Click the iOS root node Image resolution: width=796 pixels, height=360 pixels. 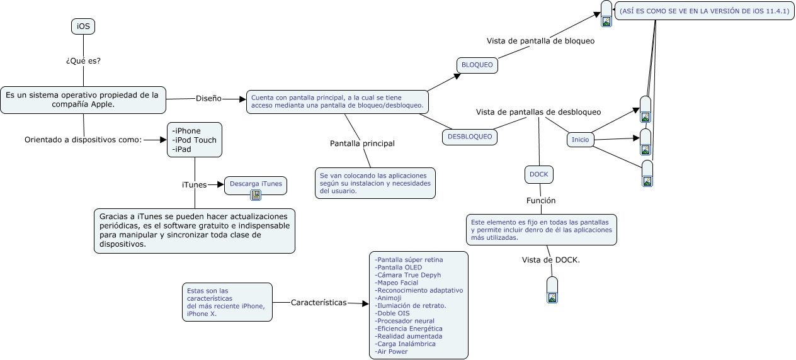tap(83, 26)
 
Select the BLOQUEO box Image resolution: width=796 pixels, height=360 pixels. tap(477, 65)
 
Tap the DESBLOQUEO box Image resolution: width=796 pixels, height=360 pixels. tap(469, 137)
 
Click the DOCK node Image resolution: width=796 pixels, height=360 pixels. tap(538, 175)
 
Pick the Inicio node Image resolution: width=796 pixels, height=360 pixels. tap(580, 140)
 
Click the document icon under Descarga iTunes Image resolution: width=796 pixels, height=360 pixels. tap(256, 195)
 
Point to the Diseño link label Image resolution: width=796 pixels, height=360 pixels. tap(208, 99)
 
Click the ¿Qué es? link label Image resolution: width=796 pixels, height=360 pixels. tap(83, 60)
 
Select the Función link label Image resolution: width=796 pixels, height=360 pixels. tap(541, 201)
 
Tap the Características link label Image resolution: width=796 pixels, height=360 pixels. tap(319, 303)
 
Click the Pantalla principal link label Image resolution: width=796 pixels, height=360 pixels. tap(362, 143)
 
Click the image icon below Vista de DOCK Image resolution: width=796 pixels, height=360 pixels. tap(552, 298)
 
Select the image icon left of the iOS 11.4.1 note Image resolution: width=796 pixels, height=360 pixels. tap(606, 21)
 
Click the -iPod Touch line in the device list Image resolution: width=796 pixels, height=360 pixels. tap(194, 140)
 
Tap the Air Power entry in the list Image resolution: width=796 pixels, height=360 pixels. tap(391, 352)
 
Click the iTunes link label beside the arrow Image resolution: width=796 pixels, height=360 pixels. tap(194, 185)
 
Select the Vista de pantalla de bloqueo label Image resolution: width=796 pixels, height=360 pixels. tap(540, 41)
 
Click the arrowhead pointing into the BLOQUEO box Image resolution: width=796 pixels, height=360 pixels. tap(457, 76)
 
